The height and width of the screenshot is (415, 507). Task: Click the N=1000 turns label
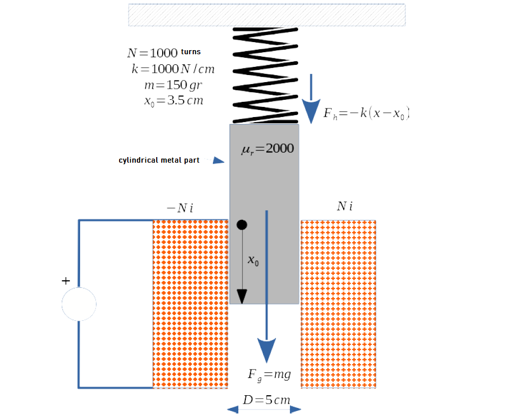tap(164, 53)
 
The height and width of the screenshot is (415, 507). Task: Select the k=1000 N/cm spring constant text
tap(172, 69)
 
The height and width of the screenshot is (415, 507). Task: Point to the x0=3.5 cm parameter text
tap(173, 100)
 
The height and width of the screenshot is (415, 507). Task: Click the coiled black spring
tap(265, 76)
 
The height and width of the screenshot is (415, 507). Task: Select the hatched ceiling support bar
tap(267, 15)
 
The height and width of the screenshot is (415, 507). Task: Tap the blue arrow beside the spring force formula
tap(311, 96)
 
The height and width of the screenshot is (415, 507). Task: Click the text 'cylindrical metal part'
tap(159, 160)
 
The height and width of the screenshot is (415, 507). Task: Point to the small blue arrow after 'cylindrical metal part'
tap(218, 161)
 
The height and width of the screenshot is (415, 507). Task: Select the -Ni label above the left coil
tap(180, 208)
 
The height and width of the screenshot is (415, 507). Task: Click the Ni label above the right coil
tap(345, 206)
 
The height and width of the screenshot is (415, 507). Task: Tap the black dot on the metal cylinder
tap(242, 224)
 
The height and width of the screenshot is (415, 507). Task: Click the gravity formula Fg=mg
tap(269, 375)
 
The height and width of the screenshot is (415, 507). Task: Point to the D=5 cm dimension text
tap(266, 400)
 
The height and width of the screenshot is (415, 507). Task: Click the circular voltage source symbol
tap(79, 304)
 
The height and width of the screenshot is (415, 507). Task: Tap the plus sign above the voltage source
tap(66, 281)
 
